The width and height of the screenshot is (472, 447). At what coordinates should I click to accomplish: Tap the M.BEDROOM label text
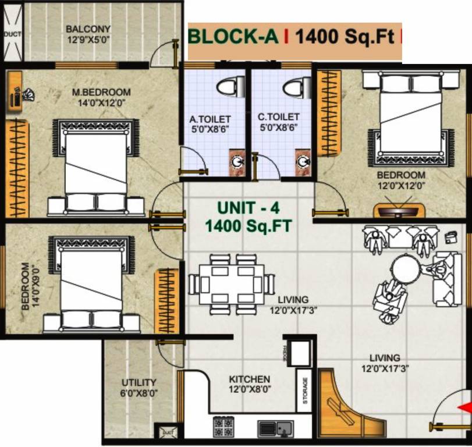101,92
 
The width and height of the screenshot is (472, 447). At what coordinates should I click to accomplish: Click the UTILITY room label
139,382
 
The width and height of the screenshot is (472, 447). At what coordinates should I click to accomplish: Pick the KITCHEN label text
249,379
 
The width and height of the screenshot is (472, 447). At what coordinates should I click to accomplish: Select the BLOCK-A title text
233,37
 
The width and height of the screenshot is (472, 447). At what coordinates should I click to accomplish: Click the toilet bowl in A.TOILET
228,87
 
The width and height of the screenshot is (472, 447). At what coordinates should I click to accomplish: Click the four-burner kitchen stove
223,426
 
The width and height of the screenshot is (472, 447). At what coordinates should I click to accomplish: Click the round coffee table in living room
406,269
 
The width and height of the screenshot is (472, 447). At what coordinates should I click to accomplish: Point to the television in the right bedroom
398,209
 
